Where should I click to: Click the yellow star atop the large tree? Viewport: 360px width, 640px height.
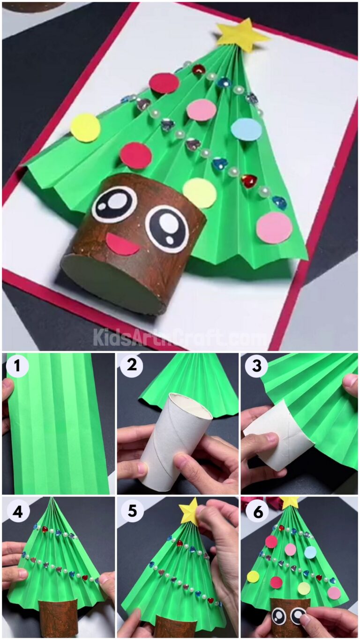click(x=242, y=34)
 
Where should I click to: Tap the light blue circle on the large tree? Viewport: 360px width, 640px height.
click(x=246, y=129)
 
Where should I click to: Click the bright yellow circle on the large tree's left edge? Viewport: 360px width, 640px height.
click(x=85, y=128)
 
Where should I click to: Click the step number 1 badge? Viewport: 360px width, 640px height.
click(x=17, y=366)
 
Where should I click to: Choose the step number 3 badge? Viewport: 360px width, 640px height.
click(x=256, y=366)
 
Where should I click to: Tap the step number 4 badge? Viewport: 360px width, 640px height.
click(x=17, y=512)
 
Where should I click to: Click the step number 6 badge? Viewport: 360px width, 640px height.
click(x=256, y=512)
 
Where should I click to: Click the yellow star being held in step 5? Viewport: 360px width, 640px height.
click(x=190, y=512)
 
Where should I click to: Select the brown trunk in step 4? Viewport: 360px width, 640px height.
click(x=58, y=617)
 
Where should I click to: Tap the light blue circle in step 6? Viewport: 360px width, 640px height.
click(x=310, y=552)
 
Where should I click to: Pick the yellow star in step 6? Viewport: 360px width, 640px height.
click(x=290, y=501)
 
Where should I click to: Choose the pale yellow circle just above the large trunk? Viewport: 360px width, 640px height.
click(x=199, y=192)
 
